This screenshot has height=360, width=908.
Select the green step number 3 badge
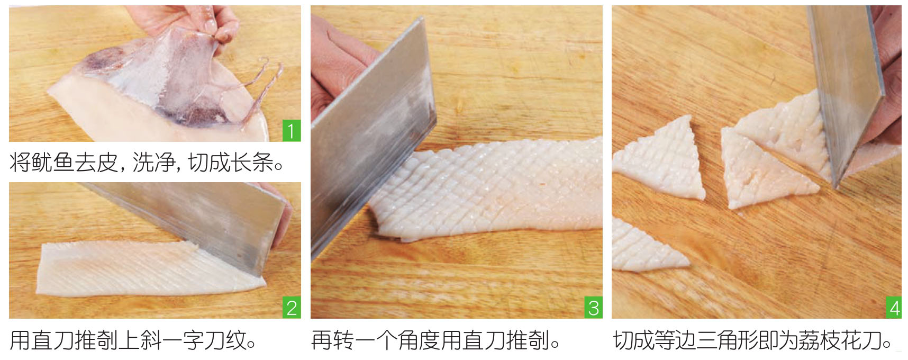point(593,308)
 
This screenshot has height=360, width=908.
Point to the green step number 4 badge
point(894,308)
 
